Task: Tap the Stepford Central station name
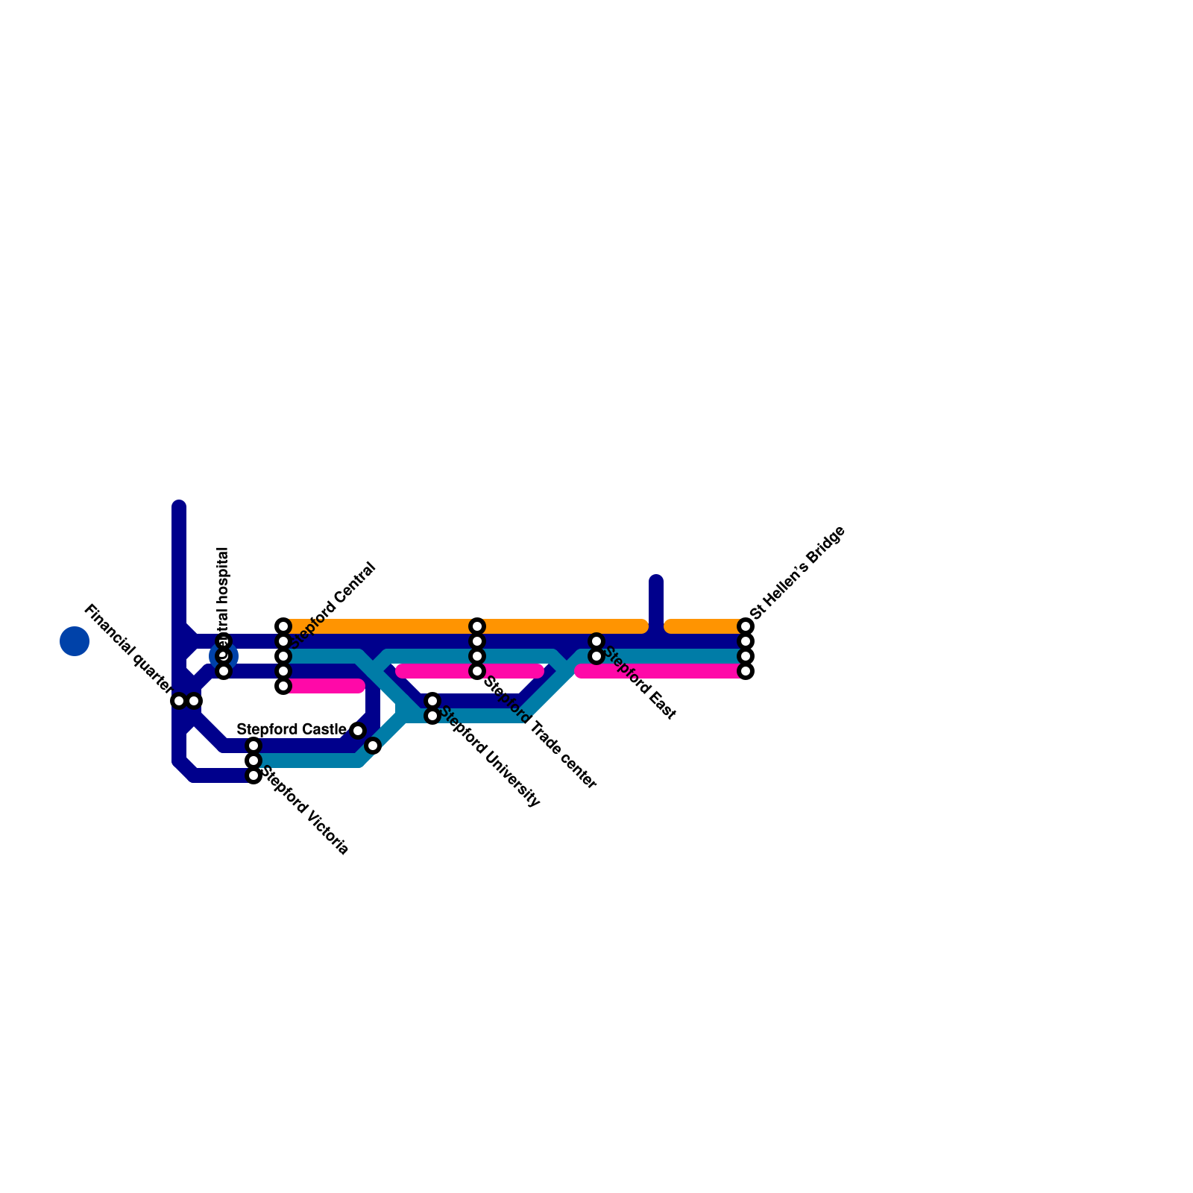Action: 333,605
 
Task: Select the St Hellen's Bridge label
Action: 798,572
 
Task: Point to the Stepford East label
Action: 640,683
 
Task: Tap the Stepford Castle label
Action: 291,729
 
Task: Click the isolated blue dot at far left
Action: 75,641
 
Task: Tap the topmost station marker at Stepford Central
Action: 283,626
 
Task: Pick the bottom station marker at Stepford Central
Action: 283,686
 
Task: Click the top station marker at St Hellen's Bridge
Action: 746,626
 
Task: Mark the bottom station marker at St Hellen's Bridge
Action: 746,671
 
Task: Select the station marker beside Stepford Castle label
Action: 358,731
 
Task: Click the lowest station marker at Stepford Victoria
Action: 254,775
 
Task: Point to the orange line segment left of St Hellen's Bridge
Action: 705,626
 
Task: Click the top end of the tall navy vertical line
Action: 179,507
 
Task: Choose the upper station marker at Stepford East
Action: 596,641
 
